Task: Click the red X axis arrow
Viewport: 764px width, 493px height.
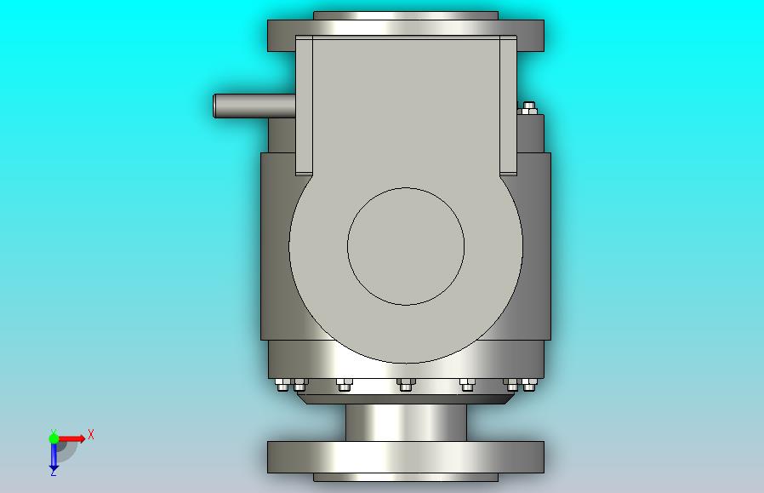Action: click(x=71, y=439)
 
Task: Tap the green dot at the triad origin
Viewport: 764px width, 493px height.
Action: click(x=54, y=439)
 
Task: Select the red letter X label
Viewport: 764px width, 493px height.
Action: click(x=91, y=434)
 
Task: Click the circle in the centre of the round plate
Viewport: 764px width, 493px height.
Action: click(x=406, y=246)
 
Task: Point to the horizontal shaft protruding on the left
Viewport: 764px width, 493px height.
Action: click(x=254, y=106)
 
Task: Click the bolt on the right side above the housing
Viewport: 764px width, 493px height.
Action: click(x=528, y=108)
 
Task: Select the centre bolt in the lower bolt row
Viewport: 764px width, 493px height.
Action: click(x=406, y=385)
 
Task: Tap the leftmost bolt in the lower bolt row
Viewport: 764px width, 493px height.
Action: click(x=282, y=385)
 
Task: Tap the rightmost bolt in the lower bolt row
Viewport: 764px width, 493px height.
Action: click(x=530, y=385)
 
